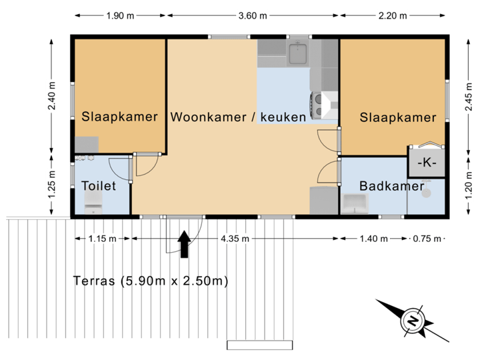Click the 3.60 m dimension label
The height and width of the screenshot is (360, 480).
coord(253,15)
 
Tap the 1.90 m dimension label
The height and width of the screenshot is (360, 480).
coord(120,15)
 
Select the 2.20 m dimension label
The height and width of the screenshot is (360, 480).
coord(393,15)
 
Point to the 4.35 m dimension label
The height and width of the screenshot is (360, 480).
coord(235,239)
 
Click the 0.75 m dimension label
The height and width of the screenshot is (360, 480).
coord(427,239)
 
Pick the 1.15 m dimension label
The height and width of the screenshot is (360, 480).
coord(102,239)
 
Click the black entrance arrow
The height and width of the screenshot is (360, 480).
coord(184,244)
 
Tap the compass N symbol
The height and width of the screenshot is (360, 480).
coord(413,321)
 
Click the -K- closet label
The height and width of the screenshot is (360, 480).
coord(427,163)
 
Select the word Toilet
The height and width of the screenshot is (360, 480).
coord(99,186)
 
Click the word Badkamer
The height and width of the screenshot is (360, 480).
coord(392,186)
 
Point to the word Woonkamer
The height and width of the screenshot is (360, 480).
coord(208,117)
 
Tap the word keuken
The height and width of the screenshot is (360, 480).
coord(283,117)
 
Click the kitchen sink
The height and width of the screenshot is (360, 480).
coord(298,53)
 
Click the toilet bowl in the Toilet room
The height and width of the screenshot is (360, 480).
coord(93,203)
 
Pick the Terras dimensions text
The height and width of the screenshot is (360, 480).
coord(151,281)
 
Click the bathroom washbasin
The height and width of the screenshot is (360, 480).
coord(355,203)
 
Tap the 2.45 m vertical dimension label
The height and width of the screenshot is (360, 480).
coord(469,97)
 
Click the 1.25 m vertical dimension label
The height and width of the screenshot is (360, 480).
coord(52,185)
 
